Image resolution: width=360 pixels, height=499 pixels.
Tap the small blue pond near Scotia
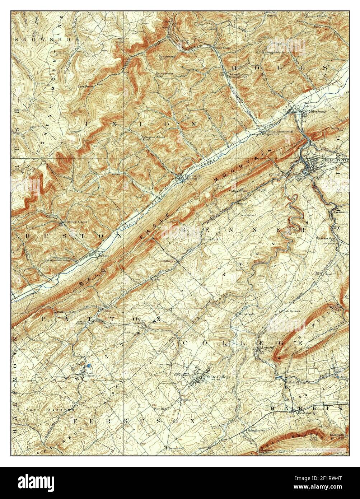(88, 365)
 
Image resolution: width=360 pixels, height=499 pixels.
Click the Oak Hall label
(290, 382)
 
